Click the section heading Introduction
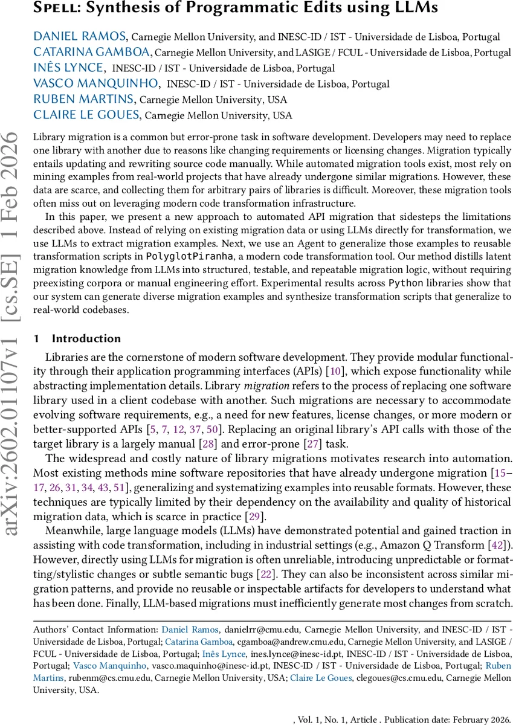coord(86,338)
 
